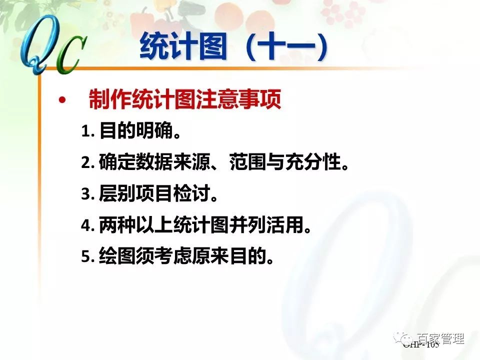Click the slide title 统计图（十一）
234,47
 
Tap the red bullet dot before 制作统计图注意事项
62,101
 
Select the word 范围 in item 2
247,162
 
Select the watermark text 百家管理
440,338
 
